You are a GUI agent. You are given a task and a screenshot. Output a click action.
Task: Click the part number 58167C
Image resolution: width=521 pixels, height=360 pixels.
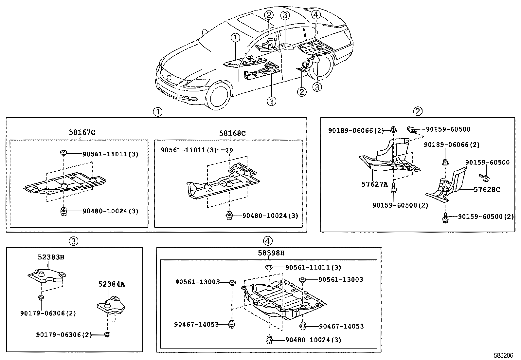82,132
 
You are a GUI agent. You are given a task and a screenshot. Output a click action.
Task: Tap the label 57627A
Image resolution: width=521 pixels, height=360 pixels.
374,184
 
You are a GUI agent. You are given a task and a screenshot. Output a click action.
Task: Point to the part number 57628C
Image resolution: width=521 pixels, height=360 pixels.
487,189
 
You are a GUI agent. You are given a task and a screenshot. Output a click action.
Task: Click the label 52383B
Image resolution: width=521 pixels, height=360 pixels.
51,257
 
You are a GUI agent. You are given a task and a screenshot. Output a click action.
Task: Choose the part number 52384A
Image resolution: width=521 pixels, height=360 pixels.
111,284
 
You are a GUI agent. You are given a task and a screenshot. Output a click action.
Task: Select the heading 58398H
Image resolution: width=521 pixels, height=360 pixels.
271,253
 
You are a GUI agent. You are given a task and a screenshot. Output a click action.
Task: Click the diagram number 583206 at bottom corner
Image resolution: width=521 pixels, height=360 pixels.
504,355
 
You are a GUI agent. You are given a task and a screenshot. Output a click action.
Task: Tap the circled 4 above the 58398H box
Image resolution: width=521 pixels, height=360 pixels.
267,241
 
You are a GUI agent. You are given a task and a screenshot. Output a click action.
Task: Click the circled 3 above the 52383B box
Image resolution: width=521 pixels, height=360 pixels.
74,241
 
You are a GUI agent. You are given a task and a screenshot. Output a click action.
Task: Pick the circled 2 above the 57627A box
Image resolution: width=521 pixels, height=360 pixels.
418,111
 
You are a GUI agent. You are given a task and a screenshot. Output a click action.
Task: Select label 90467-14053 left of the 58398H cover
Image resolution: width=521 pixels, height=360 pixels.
196,324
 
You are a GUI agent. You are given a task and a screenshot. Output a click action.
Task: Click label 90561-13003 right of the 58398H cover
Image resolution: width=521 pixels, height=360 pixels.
340,279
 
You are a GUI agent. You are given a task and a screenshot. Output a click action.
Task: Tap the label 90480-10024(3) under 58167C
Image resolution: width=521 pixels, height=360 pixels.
110,211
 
